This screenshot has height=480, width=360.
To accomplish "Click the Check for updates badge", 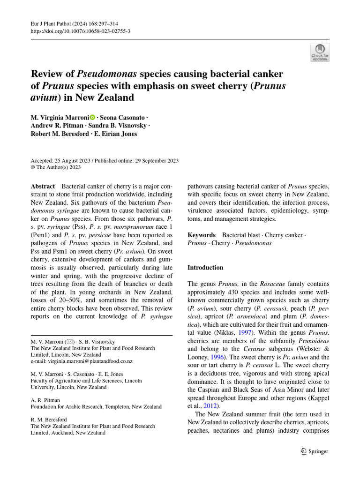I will point(320,52).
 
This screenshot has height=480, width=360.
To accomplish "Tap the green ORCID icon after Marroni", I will point(92,117).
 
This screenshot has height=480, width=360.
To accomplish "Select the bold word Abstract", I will point(43,186).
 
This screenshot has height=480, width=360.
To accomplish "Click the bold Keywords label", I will point(202,235).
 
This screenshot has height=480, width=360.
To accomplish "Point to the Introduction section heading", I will point(205,268).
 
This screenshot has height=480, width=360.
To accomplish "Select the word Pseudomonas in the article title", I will point(107,74).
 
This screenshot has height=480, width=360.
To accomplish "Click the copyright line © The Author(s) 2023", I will point(56,167).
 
